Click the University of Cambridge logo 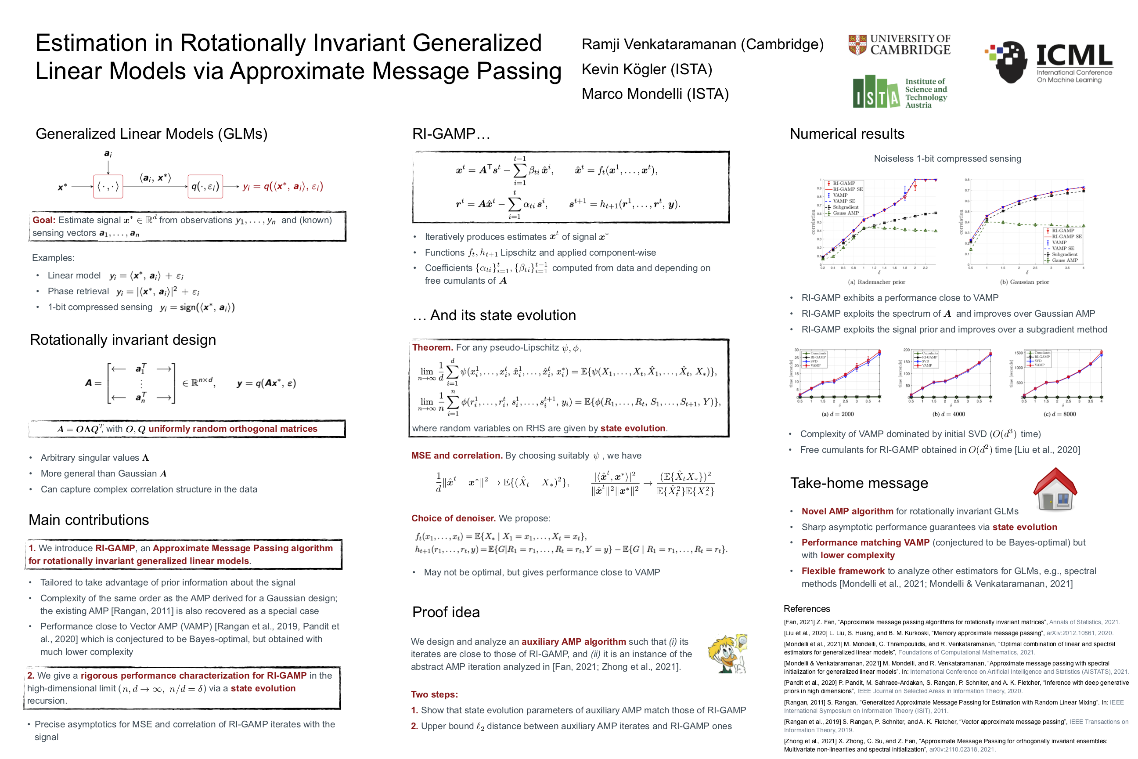(899, 44)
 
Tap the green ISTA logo (900, 92)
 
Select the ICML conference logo (1049, 62)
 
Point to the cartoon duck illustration (727, 654)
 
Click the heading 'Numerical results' (847, 134)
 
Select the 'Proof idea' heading (446, 612)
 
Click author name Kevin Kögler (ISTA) (646, 69)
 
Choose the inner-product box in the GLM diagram (108, 186)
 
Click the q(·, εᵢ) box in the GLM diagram (205, 186)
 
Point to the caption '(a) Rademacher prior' (876, 282)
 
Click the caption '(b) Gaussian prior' (1024, 282)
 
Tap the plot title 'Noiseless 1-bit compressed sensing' (947, 158)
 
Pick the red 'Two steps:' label (434, 694)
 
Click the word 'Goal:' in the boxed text (43, 220)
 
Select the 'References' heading (807, 608)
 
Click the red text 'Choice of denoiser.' (453, 518)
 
